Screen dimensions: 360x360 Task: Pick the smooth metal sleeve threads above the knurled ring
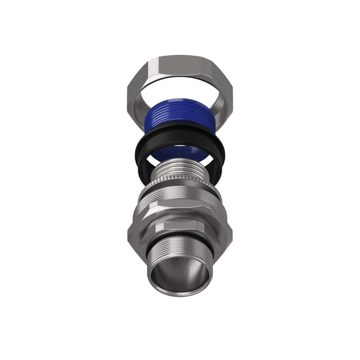click(x=180, y=173)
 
